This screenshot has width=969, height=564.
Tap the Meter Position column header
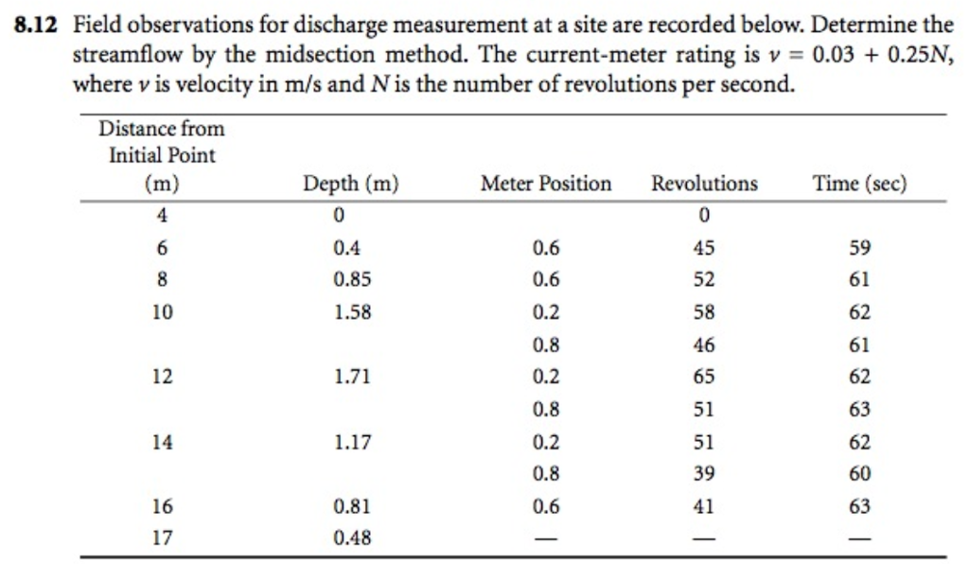(546, 184)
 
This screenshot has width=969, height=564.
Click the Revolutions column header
(704, 184)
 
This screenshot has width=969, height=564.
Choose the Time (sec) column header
(859, 184)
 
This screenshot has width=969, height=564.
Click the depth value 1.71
(351, 378)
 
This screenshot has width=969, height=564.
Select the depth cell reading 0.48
(351, 538)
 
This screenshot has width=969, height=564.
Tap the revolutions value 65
(704, 378)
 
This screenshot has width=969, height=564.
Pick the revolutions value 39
(704, 474)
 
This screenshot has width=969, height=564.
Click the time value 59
(859, 249)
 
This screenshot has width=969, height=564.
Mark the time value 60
(859, 474)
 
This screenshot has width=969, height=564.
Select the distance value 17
(162, 538)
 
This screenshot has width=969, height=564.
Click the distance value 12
(162, 378)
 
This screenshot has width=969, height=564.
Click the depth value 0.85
(351, 280)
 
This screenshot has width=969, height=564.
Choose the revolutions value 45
(704, 249)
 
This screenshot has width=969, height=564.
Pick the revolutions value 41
(704, 507)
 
